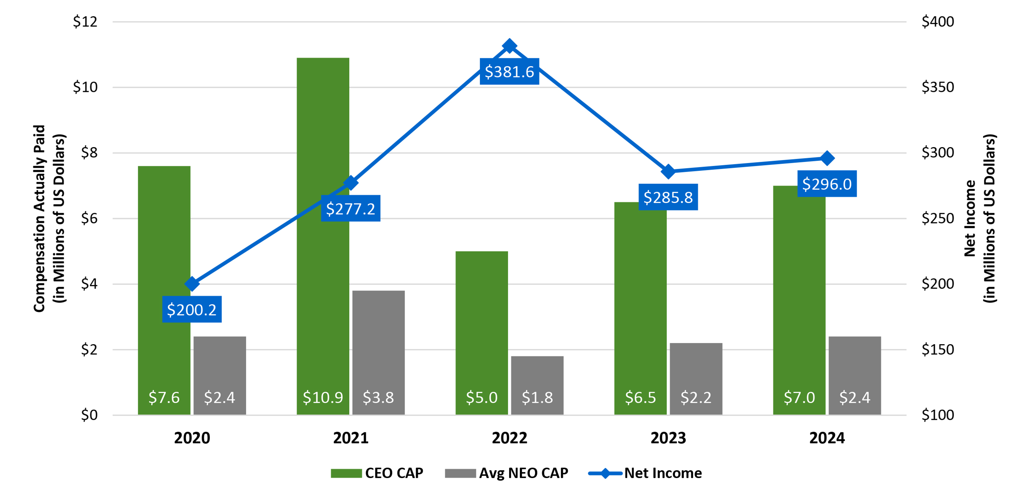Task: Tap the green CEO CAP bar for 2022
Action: (481, 324)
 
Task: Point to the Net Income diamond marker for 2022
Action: (509, 46)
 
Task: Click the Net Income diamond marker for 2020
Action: (192, 284)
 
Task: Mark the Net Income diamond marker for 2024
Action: (827, 159)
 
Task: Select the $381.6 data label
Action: (509, 72)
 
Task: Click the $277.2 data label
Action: (350, 209)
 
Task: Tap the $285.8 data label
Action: (668, 197)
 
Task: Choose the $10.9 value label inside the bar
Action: (323, 397)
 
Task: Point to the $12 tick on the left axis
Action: (85, 22)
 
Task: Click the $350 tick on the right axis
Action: (937, 87)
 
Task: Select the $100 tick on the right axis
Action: (937, 415)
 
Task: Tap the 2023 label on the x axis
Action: (668, 438)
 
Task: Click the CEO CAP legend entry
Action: (377, 473)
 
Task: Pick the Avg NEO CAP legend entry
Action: (507, 473)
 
